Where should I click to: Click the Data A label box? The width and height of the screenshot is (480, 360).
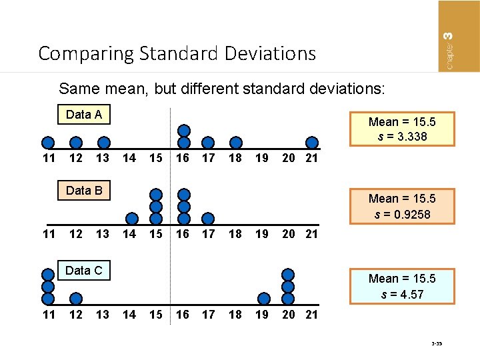pyautogui.click(x=84, y=115)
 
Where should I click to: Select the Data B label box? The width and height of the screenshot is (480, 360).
pyautogui.click(x=84, y=191)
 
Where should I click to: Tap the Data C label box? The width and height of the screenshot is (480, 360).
pyautogui.click(x=84, y=270)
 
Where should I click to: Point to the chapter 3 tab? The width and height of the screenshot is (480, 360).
pyautogui.click(x=459, y=36)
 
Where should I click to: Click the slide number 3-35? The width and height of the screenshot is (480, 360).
pyautogui.click(x=437, y=344)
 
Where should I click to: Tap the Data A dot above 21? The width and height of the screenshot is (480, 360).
pyautogui.click(x=311, y=142)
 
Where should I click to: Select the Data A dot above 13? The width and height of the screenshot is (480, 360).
pyautogui.click(x=103, y=143)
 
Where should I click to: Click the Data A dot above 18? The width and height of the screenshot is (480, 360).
pyautogui.click(x=235, y=142)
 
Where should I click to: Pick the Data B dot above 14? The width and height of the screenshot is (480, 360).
pyautogui.click(x=132, y=218)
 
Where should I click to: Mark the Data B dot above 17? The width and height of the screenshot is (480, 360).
pyautogui.click(x=208, y=218)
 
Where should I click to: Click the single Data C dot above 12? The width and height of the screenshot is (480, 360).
pyautogui.click(x=76, y=298)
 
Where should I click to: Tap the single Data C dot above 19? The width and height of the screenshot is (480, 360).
pyautogui.click(x=264, y=298)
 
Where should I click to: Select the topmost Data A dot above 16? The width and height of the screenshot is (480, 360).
pyautogui.click(x=184, y=131)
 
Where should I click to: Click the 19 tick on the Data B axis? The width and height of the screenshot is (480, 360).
pyautogui.click(x=263, y=234)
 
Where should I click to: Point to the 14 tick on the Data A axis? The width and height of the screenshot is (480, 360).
pyautogui.click(x=129, y=158)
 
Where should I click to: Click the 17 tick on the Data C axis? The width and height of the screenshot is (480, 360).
pyautogui.click(x=209, y=314)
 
